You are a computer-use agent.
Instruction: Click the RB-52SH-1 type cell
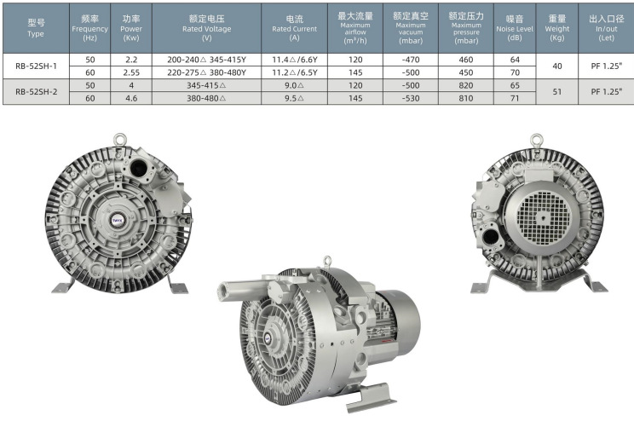[36, 66]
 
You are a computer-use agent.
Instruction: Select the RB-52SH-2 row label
[36, 92]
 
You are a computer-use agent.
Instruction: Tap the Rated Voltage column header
[206, 28]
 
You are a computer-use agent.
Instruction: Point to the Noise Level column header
[515, 28]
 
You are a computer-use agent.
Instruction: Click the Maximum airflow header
[355, 28]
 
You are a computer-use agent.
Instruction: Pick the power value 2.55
[131, 72]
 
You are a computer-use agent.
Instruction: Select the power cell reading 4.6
[131, 98]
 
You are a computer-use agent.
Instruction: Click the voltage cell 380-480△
[206, 98]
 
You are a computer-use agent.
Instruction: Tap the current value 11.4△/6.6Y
[294, 60]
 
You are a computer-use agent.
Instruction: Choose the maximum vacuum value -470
[411, 60]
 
